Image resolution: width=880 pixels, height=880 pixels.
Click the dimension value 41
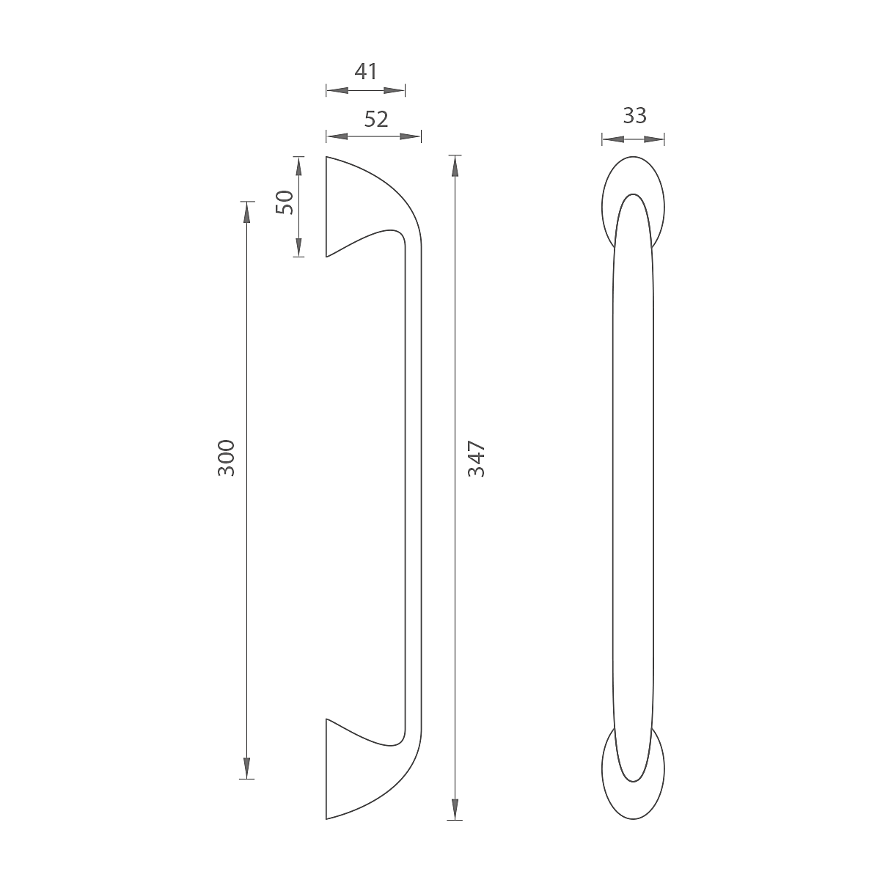pos(366,72)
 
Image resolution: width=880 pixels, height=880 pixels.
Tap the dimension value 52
pos(376,120)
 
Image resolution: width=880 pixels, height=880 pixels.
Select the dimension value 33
pos(635,116)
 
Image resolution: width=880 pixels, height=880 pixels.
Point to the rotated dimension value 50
pos(285,202)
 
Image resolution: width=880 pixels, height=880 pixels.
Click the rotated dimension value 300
pos(226,458)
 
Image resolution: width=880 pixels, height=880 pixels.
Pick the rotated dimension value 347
pos(477,459)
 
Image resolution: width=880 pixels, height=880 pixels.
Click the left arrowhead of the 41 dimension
pos(337,90)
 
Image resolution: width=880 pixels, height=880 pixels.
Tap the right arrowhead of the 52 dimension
pos(410,136)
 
